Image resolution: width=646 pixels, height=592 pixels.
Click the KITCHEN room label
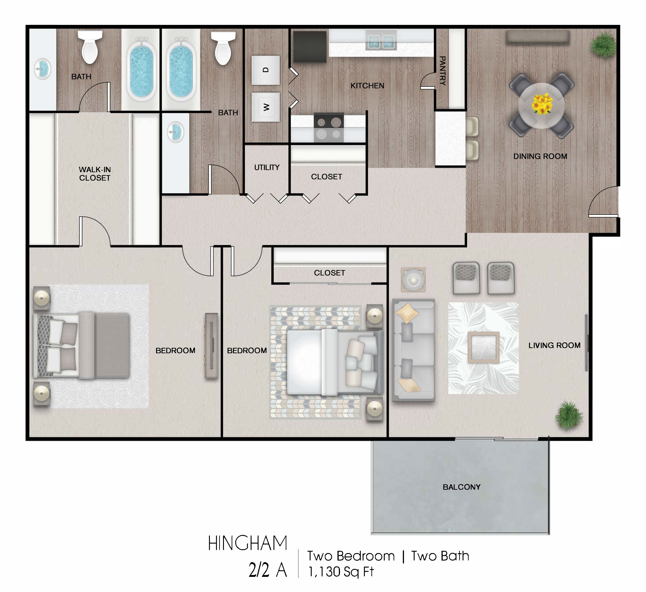[367, 86]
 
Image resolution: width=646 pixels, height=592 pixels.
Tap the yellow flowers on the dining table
[542, 104]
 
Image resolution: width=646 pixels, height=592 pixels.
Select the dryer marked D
[266, 70]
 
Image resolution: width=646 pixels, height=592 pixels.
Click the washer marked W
[266, 107]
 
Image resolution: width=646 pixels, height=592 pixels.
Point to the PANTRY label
[442, 71]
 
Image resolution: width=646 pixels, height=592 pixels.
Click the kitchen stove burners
[329, 128]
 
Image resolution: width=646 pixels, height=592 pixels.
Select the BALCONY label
[461, 487]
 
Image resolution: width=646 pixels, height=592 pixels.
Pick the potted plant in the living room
[569, 415]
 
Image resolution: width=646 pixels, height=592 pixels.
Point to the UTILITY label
[267, 167]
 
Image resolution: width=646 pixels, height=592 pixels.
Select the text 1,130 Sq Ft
[341, 571]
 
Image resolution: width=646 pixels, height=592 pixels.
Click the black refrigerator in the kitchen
[310, 46]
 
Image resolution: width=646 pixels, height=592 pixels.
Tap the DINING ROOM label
[540, 156]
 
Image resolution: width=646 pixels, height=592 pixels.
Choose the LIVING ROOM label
[554, 345]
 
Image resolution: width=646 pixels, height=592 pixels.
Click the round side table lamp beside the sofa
[413, 279]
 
